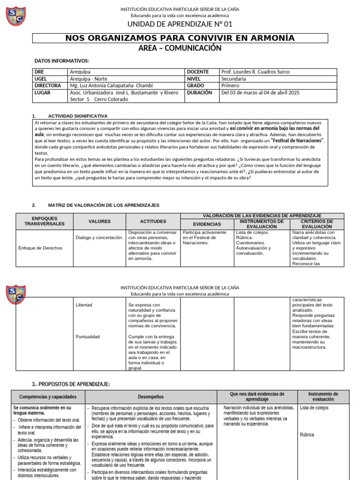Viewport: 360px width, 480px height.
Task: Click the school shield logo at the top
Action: tap(15, 16)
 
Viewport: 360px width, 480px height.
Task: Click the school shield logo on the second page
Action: tap(15, 294)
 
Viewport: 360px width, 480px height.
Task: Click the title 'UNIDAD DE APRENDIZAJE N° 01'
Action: tap(180, 24)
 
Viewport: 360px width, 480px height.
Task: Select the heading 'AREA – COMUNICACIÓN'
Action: tap(180, 48)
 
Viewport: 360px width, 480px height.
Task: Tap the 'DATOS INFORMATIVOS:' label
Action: tap(61, 61)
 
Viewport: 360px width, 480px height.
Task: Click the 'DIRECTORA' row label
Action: tap(48, 86)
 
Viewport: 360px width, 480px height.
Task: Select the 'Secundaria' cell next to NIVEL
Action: tap(233, 79)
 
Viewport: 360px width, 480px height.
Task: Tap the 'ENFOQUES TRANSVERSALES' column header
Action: tap(45, 221)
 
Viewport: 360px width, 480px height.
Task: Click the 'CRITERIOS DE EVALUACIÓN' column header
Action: tap(317, 224)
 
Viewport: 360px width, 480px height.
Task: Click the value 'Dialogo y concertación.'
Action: tap(99, 238)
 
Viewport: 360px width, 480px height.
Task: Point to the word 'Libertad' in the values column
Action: tap(84, 305)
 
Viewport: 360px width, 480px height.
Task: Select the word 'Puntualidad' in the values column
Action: tap(88, 337)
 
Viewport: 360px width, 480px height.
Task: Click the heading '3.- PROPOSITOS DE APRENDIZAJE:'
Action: tap(71, 384)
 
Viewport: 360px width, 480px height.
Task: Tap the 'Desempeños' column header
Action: tap(150, 397)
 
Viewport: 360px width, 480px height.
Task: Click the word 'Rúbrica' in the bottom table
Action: tap(308, 435)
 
